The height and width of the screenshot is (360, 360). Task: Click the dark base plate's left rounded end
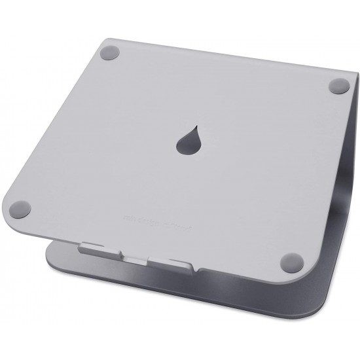tap(51, 252)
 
